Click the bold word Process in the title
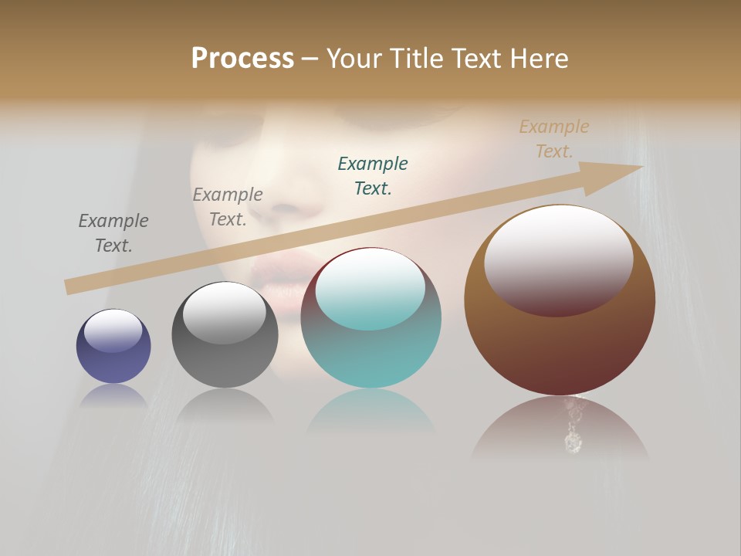click(x=242, y=59)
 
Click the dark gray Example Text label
click(x=228, y=207)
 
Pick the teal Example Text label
click(x=373, y=175)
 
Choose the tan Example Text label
click(x=554, y=139)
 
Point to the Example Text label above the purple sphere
click(x=113, y=233)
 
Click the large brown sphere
click(x=560, y=347)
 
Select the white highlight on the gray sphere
click(x=225, y=313)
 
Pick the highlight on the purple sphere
click(x=113, y=331)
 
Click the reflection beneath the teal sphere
click(x=371, y=417)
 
